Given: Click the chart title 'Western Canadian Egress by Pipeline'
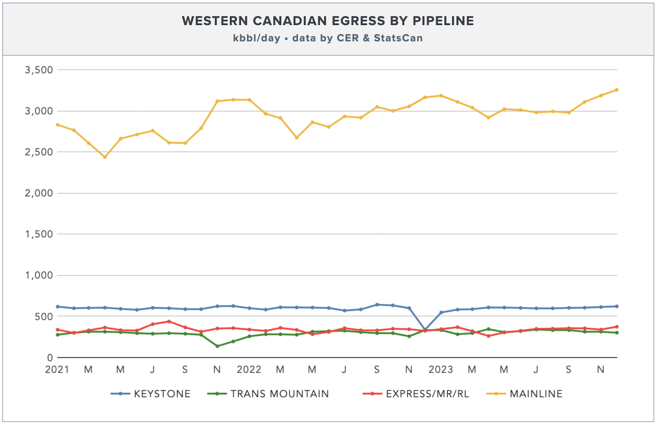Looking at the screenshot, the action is tap(328, 21).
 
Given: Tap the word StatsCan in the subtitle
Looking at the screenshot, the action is tap(398, 38).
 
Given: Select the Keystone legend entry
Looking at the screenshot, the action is tap(150, 393).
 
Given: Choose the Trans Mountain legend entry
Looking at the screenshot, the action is tap(268, 393).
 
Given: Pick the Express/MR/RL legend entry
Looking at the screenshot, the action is tap(416, 393).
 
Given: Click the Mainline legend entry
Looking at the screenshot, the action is tap(524, 393).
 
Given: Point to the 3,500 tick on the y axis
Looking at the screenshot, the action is tap(39, 70).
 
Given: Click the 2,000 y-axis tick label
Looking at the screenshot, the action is tap(39, 193).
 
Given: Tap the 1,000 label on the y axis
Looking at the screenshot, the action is tap(39, 275).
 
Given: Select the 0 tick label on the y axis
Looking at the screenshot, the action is tap(50, 358).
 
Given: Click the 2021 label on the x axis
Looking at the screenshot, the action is tap(57, 369).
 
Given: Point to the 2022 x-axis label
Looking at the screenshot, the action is tap(249, 369).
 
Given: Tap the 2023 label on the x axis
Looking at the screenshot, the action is tap(441, 369).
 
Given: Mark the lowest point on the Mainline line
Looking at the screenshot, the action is tap(105, 157).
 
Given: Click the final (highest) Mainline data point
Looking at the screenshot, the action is tap(617, 90).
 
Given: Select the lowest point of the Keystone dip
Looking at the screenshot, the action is tap(425, 330).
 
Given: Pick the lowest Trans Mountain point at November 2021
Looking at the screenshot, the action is tap(217, 346).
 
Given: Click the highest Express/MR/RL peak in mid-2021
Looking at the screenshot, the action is tap(169, 321).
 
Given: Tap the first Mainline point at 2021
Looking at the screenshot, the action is tap(58, 125).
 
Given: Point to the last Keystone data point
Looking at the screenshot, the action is tap(617, 306).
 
